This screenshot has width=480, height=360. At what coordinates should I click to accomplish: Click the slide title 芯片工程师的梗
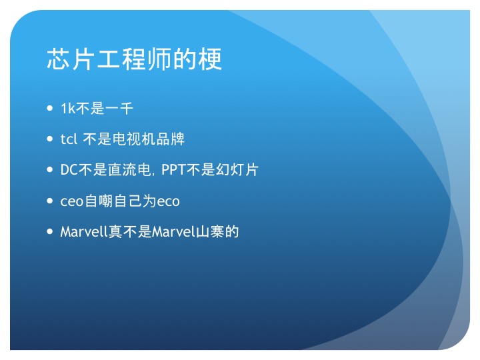[134, 59]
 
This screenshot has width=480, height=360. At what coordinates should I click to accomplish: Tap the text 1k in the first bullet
[68, 109]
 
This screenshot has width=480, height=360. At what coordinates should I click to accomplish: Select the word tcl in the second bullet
[69, 139]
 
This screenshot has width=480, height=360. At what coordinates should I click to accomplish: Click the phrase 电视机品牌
[148, 139]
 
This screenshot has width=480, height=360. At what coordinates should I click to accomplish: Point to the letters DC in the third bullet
[69, 170]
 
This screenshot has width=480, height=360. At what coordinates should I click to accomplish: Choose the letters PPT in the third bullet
[173, 170]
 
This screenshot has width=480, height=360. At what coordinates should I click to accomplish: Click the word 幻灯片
[237, 170]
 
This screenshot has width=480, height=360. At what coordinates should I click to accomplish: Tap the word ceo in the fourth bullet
[72, 201]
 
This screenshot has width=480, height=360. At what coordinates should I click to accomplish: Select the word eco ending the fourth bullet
[168, 201]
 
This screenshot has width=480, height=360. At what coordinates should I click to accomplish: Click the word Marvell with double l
[84, 232]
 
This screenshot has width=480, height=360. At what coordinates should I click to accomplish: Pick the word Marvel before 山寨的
[173, 232]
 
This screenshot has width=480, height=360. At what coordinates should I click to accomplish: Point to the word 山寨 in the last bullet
[210, 232]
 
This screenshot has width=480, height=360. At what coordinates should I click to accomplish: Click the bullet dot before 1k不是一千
[50, 108]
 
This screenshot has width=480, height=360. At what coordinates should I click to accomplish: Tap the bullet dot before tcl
[50, 139]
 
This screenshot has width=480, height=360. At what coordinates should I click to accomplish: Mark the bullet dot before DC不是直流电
[50, 169]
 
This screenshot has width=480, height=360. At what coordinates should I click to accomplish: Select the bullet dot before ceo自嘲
[50, 201]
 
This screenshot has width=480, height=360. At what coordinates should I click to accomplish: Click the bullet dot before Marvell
[50, 231]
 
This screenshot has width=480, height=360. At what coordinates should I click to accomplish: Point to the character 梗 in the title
[210, 59]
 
